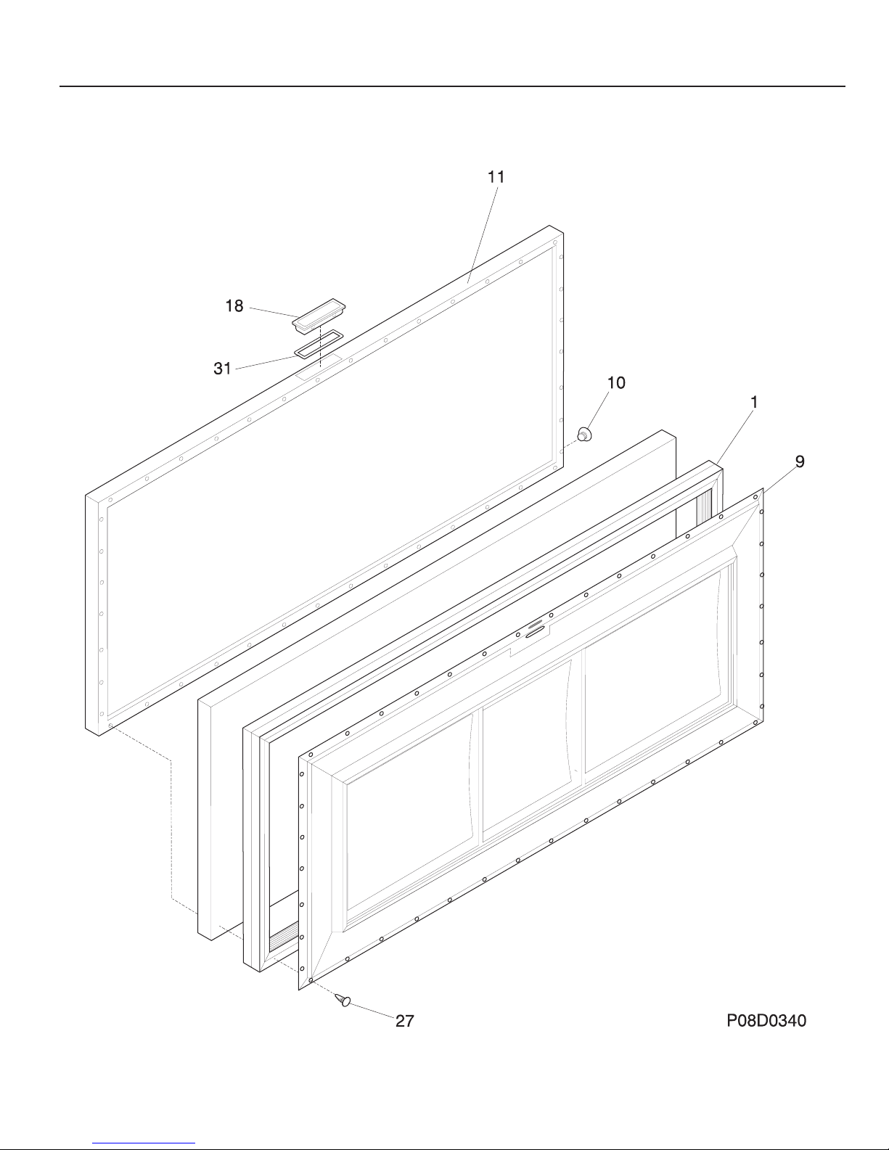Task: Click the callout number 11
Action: pos(496,176)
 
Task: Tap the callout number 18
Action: pos(234,306)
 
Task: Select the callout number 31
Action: pos(222,369)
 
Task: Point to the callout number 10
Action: pos(616,382)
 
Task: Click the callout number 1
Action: pos(755,401)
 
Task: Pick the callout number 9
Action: pos(799,461)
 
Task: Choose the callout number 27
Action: pos(404,1021)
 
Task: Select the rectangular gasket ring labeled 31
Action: pos(319,344)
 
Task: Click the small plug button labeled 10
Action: pos(584,435)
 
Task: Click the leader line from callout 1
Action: pos(734,433)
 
